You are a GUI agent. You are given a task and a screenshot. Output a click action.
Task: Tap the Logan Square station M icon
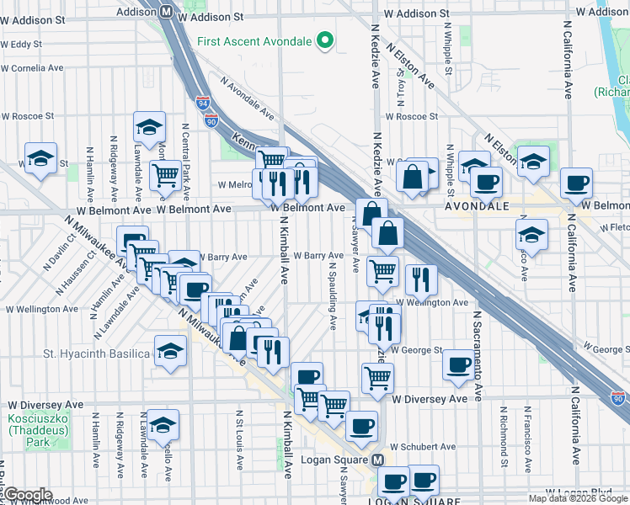(x=378, y=460)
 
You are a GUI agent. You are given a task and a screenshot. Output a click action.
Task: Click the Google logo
(x=28, y=494)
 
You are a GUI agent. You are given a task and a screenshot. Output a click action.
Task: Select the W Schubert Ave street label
(x=424, y=447)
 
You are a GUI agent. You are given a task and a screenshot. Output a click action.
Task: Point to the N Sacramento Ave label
(x=478, y=353)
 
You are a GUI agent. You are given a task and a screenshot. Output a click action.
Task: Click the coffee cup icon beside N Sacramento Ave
(x=459, y=364)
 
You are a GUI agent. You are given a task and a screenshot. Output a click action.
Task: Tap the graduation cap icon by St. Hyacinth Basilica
(x=169, y=351)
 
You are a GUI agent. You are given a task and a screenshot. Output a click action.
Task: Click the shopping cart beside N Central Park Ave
(x=165, y=175)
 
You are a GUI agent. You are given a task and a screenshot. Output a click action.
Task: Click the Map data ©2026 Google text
(x=578, y=498)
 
